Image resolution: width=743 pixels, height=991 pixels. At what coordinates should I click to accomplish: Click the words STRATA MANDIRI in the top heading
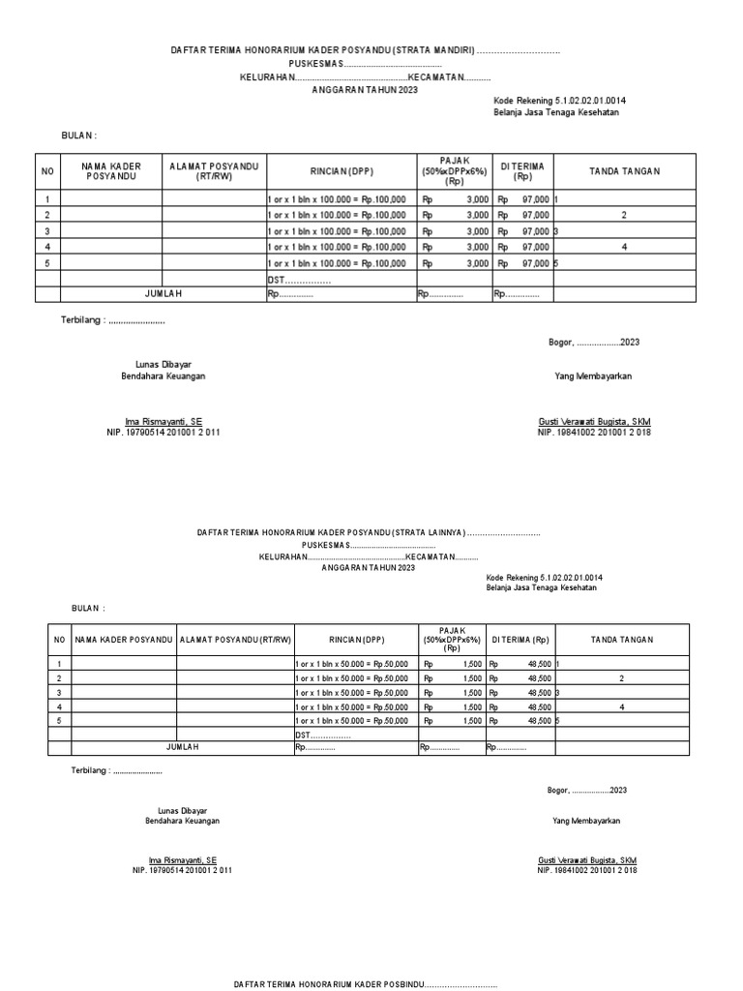(432, 50)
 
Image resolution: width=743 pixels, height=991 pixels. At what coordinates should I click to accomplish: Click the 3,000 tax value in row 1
(477, 198)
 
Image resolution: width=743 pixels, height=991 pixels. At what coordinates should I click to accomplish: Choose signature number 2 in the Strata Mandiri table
(625, 215)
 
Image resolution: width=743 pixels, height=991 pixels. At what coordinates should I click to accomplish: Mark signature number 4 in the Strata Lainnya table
(622, 707)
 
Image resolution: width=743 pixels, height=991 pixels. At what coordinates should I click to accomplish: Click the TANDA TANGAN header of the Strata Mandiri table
(625, 171)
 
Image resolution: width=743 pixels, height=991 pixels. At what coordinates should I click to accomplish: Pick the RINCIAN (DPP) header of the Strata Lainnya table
(356, 639)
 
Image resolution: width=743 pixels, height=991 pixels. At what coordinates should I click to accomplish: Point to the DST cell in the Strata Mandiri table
(299, 279)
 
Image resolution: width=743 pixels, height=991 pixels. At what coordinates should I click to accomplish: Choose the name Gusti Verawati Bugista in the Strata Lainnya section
(587, 859)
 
